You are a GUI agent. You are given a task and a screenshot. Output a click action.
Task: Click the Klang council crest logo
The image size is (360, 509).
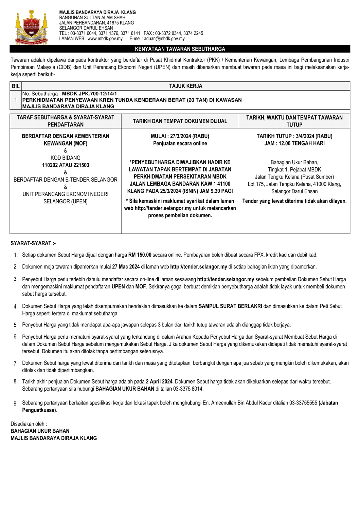coord(31,27)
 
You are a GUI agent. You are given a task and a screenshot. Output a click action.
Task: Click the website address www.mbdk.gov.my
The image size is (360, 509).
coord(105,39)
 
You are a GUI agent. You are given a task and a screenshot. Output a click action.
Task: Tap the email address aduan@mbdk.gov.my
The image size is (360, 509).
coord(164,39)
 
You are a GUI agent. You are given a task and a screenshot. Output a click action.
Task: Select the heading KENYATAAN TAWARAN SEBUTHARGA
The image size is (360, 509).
coord(180,49)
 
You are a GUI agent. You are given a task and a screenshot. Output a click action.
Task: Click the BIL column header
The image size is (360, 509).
coord(16,86)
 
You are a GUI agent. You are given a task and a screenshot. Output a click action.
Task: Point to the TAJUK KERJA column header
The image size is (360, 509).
coord(185,86)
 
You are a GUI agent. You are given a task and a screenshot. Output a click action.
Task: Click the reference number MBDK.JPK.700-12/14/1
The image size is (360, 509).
coord(89,94)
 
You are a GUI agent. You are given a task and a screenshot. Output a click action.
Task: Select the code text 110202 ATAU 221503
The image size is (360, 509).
coord(66,165)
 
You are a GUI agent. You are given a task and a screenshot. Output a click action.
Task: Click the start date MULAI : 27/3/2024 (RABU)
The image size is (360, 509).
coord(180,136)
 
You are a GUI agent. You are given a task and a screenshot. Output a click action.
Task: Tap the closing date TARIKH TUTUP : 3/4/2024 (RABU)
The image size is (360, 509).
coord(294,136)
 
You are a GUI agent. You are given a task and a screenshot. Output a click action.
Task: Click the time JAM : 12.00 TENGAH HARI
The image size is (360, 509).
coord(294,143)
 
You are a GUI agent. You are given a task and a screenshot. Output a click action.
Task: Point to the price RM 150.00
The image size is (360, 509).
coord(140,255)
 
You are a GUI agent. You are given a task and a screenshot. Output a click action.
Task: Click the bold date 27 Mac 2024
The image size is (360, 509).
coord(126,267)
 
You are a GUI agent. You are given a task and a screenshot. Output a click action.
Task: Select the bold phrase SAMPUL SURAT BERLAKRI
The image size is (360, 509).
coord(230,306)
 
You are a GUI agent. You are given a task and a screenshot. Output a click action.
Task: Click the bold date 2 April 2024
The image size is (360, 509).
coord(159,381)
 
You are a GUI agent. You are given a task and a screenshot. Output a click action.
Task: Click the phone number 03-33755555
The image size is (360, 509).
coord(303,403)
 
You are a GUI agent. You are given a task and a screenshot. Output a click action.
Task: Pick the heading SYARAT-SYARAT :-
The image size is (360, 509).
coord(33,243)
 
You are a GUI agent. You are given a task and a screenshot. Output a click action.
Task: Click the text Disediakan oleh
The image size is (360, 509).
coord(29,424)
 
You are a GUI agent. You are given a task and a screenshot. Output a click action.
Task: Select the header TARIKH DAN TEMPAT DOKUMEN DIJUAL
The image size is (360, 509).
coord(180,121)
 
